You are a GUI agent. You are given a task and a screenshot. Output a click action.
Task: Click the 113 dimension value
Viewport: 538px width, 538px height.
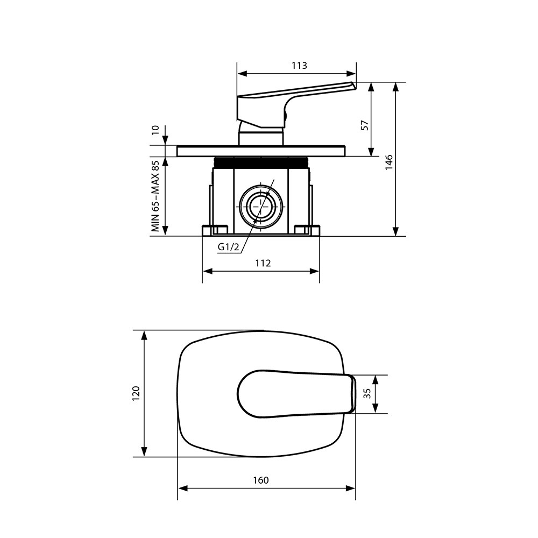[x=299, y=66]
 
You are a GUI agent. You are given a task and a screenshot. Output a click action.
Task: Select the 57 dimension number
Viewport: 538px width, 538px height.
[x=365, y=125]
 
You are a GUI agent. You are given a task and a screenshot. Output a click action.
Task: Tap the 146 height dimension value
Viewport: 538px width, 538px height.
[x=388, y=162]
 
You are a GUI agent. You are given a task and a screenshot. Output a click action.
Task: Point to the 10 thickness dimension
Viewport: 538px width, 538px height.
[x=155, y=130]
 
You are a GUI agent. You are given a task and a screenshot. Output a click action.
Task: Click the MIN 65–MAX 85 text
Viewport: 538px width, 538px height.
[x=155, y=196]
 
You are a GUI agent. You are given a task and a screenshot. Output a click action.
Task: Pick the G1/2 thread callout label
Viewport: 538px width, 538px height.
[x=228, y=247]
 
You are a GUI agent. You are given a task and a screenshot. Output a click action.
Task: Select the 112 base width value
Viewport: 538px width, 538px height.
[x=263, y=263]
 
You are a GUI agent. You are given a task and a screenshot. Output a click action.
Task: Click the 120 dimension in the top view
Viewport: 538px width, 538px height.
[x=136, y=394]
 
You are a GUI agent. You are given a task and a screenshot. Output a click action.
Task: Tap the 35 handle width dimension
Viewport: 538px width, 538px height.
[x=367, y=393]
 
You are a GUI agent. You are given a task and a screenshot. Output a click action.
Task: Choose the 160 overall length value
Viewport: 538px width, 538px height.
[x=261, y=480]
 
